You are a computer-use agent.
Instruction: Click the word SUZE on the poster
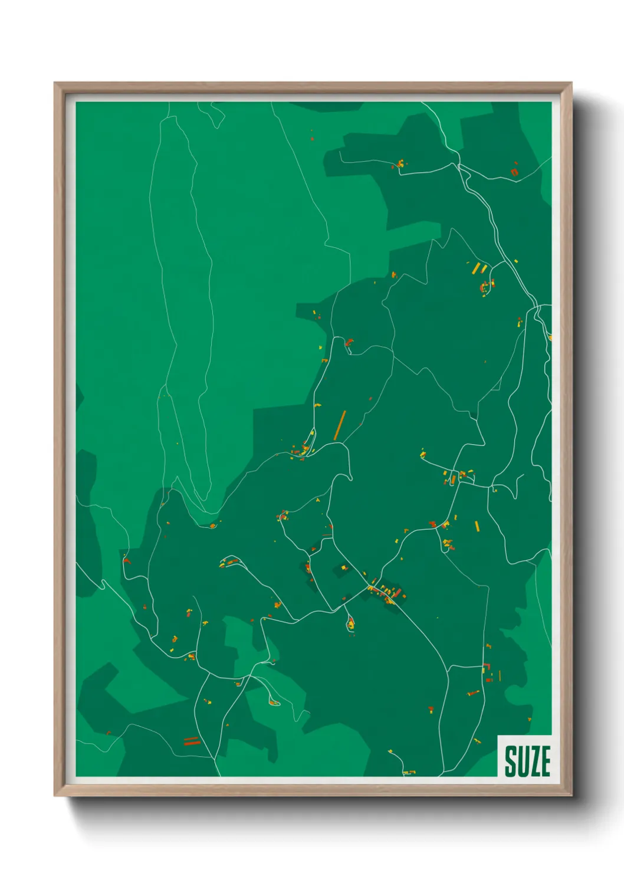pyautogui.click(x=527, y=762)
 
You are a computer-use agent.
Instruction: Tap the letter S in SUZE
pyautogui.click(x=511, y=762)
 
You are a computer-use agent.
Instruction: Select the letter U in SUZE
pyautogui.click(x=522, y=762)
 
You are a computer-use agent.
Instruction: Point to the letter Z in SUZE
pyautogui.click(x=534, y=762)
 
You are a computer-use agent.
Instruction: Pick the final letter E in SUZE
pyautogui.click(x=545, y=762)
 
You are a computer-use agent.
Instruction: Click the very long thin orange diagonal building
pyautogui.click(x=340, y=425)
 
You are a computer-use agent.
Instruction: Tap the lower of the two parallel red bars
pyautogui.click(x=192, y=743)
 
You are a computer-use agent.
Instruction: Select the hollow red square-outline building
pyautogui.click(x=514, y=172)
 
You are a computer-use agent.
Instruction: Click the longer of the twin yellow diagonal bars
pyautogui.click(x=476, y=269)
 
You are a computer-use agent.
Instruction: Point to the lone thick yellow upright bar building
pyautogui.click(x=477, y=526)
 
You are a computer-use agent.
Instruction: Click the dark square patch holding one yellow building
pyautogui.click(x=342, y=569)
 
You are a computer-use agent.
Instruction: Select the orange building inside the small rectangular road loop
pyautogui.click(x=453, y=479)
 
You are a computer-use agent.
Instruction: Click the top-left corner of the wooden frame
pyautogui.click(x=55, y=83)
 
